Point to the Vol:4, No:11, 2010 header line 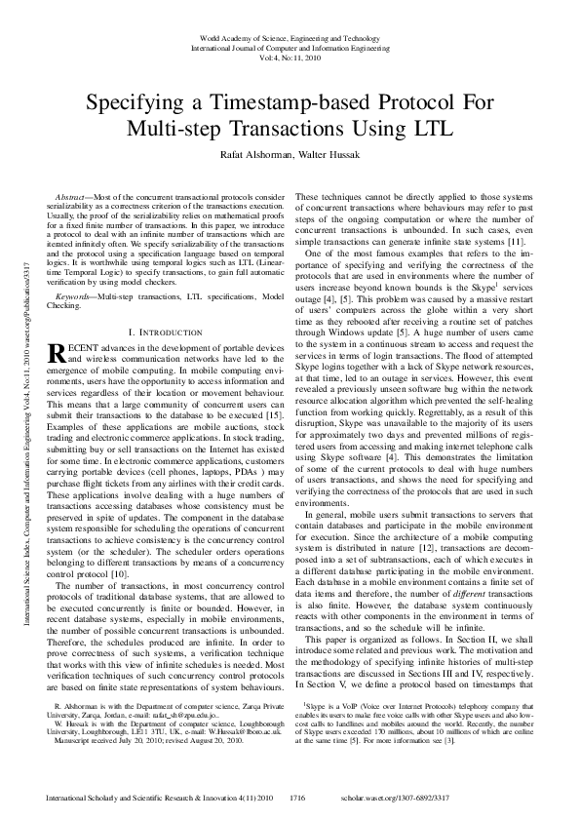290,58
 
